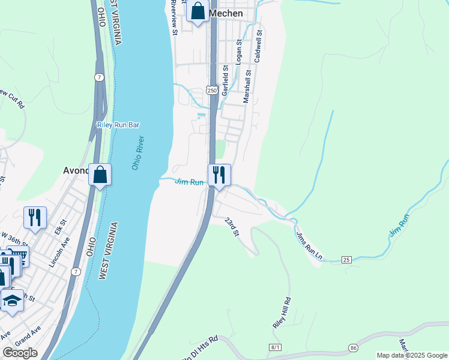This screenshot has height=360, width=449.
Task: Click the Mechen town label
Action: click(226, 13)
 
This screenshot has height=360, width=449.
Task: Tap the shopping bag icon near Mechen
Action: click(197, 11)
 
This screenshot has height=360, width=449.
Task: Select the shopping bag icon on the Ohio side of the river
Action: click(100, 175)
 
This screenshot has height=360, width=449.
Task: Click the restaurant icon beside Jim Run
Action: click(218, 175)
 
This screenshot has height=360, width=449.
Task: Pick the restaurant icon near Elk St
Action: click(35, 217)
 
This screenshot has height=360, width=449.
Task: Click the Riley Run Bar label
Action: click(118, 125)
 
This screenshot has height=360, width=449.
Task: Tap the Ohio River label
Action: click(138, 153)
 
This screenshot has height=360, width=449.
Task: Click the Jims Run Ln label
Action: click(310, 246)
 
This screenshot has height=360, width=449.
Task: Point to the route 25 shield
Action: click(346, 259)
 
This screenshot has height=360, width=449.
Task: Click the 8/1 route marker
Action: click(276, 347)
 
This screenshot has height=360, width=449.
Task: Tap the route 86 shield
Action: click(353, 347)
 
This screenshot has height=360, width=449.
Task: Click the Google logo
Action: click(20, 353)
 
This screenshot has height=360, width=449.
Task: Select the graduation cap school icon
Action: click(11, 300)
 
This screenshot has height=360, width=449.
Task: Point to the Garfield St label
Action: click(226, 80)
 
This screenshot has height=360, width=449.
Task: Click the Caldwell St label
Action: click(259, 47)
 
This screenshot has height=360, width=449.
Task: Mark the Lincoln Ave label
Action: click(59, 252)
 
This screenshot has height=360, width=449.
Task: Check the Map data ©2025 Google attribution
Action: click(412, 355)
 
